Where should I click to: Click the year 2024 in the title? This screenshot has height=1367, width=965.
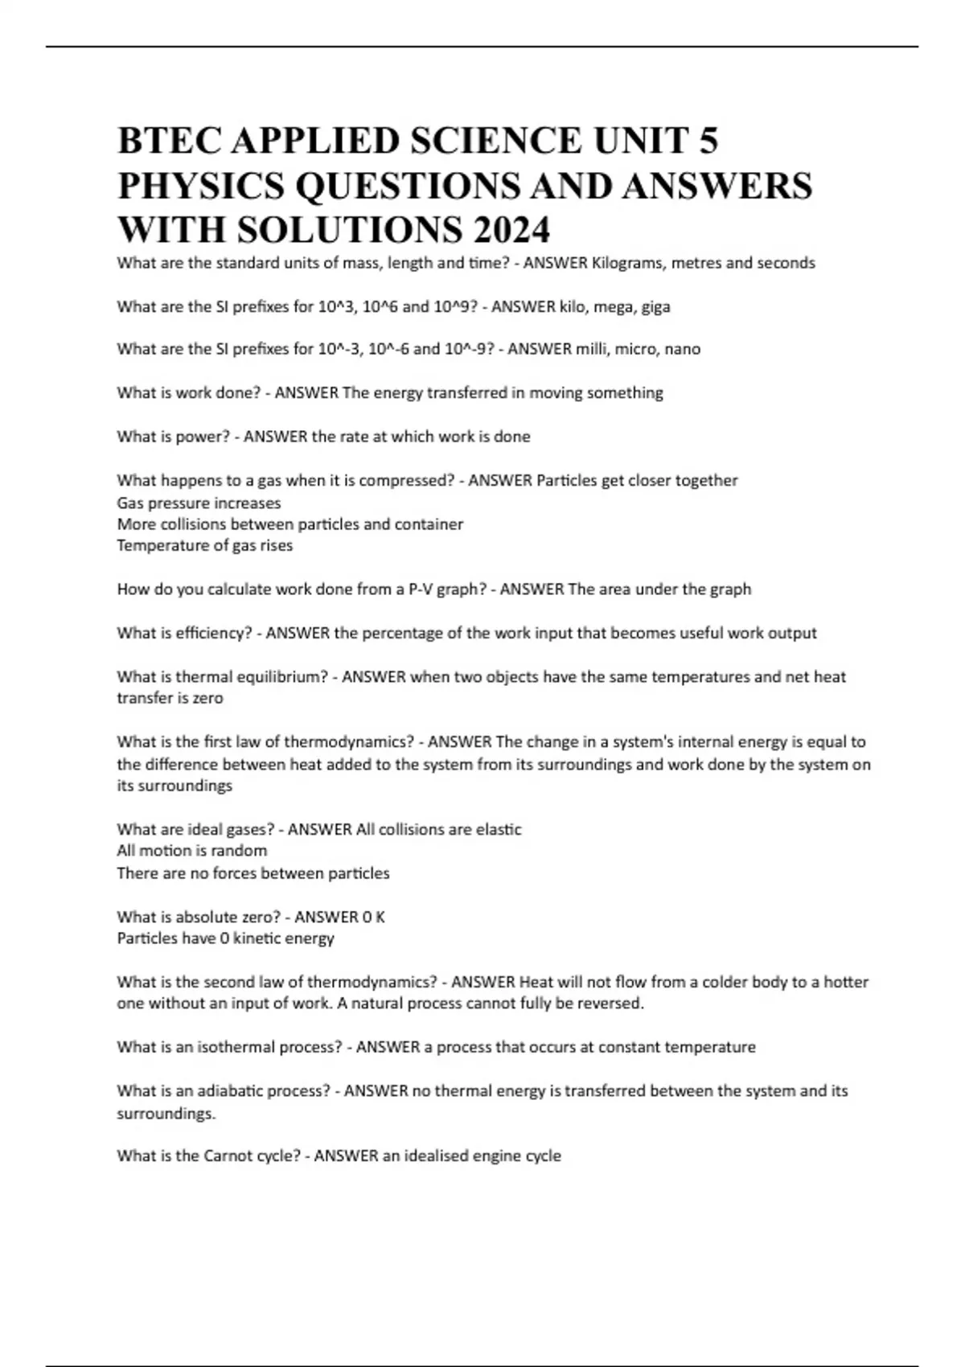tap(512, 230)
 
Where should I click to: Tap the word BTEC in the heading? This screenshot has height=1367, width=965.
tap(167, 142)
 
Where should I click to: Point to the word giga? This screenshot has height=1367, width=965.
tap(655, 306)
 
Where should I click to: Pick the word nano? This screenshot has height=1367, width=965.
tap(683, 350)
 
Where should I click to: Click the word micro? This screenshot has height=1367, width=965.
tap(635, 350)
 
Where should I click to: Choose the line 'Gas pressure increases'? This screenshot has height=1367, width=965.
tap(199, 503)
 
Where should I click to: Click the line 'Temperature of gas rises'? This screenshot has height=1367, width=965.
tap(204, 546)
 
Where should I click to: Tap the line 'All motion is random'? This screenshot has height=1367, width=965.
tap(191, 851)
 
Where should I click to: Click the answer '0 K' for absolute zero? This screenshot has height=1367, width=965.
tap(374, 917)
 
